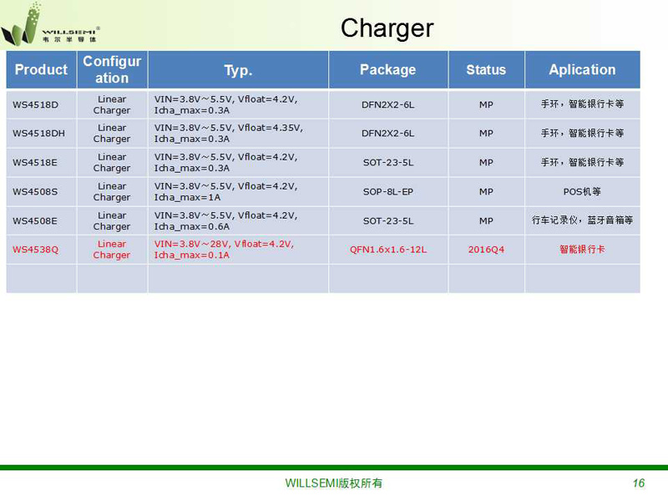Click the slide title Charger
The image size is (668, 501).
point(387,28)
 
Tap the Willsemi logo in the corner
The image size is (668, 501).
point(50,25)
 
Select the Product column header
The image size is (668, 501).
point(41,69)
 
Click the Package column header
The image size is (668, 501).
point(387,69)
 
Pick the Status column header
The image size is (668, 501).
point(486,69)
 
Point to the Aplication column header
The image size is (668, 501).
point(582,69)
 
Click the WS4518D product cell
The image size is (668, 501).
point(35,105)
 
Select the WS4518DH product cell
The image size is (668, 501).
point(38,134)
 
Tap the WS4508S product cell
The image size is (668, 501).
point(35,192)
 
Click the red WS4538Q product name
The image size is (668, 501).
point(35,250)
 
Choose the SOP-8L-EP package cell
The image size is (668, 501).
point(388,192)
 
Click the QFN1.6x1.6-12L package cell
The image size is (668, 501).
point(388,250)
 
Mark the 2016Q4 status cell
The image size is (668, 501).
point(486,250)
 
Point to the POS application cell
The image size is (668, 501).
point(582,192)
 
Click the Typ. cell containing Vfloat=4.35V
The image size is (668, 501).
point(228,134)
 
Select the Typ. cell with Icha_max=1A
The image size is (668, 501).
point(225,192)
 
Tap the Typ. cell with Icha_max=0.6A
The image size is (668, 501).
point(225,220)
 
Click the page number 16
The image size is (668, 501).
point(638,483)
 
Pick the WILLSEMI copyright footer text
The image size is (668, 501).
point(333,483)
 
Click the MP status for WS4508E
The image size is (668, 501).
point(486,220)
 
